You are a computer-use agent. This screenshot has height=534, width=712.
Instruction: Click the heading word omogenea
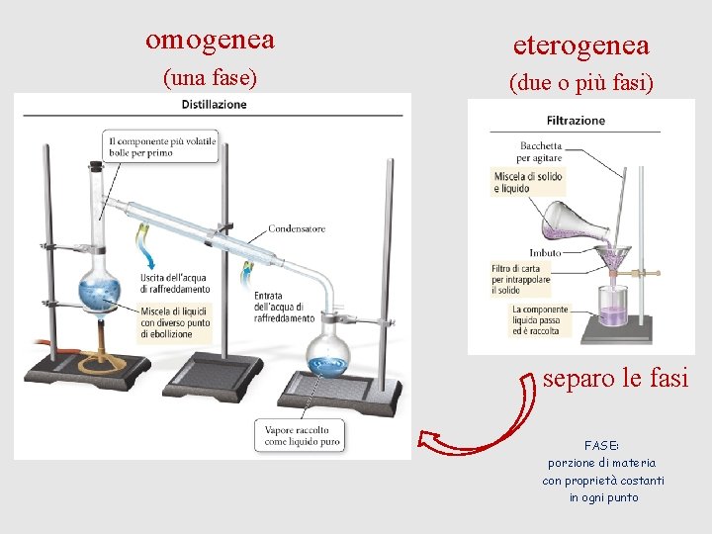click(210, 40)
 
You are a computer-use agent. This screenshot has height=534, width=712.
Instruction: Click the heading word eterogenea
click(580, 44)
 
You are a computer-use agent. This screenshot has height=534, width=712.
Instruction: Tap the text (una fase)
click(209, 77)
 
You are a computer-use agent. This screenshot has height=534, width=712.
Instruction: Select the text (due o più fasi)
click(580, 83)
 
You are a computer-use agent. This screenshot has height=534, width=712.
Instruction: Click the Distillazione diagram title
click(214, 105)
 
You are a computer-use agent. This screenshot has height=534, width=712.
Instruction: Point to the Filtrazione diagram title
click(576, 121)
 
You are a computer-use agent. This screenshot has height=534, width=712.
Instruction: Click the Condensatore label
click(297, 228)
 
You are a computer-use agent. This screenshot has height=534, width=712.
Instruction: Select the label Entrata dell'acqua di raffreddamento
click(283, 307)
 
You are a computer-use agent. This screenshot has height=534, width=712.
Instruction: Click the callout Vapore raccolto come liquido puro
click(303, 437)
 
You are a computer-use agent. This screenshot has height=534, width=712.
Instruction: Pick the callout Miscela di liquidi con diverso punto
click(174, 323)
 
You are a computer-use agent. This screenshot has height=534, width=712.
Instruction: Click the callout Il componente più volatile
click(161, 146)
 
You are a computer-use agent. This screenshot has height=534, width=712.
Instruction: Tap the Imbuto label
click(545, 253)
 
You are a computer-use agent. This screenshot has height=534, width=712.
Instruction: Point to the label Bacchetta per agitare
click(541, 151)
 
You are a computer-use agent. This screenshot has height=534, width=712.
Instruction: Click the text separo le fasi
click(615, 379)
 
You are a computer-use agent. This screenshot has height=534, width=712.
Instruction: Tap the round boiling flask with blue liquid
click(99, 290)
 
